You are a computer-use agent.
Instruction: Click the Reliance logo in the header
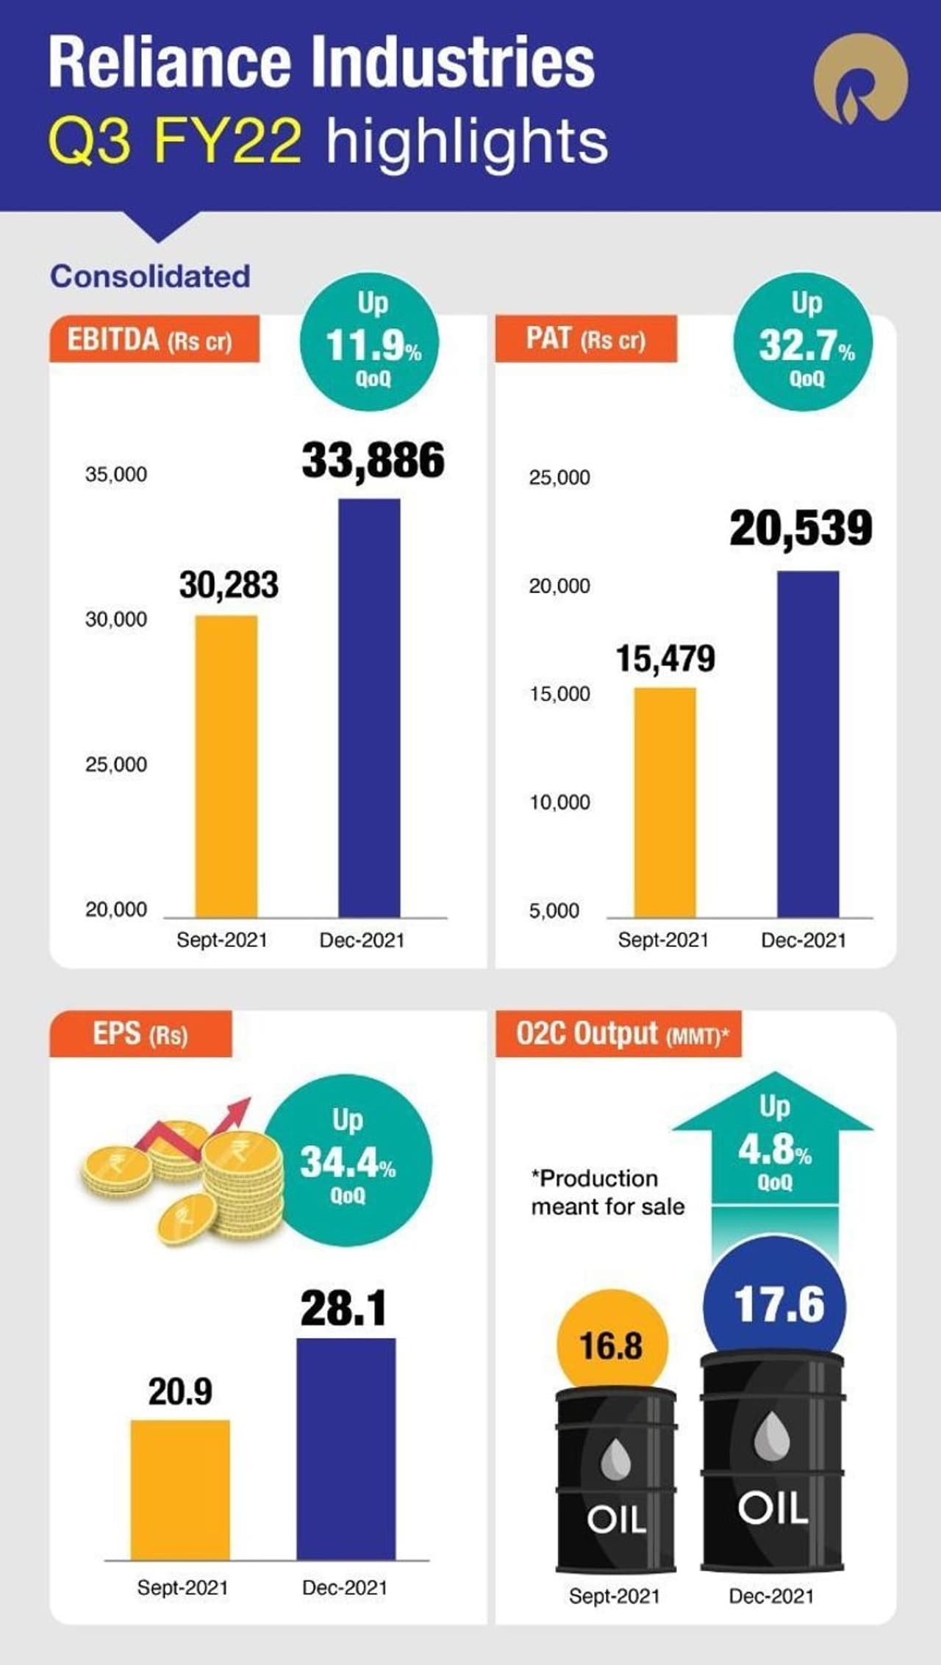(860, 79)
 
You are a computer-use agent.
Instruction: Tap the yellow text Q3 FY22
(175, 141)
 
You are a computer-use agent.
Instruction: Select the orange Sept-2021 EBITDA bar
(226, 766)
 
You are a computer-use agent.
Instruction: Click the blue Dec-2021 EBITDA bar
(369, 708)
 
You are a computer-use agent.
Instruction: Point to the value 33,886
(373, 461)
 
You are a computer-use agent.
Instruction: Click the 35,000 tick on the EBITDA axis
(116, 475)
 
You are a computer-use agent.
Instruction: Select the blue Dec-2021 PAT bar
(808, 744)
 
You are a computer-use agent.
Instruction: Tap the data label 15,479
(665, 658)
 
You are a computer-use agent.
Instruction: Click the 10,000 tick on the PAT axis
(559, 802)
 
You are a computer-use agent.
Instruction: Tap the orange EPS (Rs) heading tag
(140, 1035)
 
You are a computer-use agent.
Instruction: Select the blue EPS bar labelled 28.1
(346, 1448)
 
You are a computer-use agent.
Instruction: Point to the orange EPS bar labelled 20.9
(180, 1489)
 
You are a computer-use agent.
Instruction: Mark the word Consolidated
(150, 276)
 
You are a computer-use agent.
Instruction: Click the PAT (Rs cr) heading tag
(585, 339)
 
